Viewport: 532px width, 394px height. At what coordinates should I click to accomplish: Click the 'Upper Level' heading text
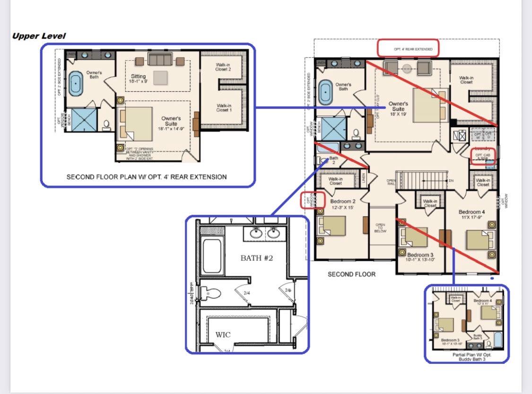point(39,36)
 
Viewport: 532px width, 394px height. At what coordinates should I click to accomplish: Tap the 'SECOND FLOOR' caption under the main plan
point(351,274)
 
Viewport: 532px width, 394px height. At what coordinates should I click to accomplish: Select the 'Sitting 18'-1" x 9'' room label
point(139,79)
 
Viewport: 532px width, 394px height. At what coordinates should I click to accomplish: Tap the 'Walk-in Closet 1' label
point(224,107)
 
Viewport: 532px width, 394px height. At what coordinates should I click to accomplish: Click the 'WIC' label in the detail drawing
point(223,334)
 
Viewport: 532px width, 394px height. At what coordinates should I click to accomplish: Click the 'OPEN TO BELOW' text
point(380,228)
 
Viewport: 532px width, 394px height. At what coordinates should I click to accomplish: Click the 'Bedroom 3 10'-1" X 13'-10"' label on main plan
point(417,257)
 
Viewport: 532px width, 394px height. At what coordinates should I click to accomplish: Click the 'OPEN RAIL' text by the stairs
point(391,182)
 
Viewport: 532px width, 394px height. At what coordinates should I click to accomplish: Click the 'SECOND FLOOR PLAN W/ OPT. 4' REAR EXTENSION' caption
point(147,177)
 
